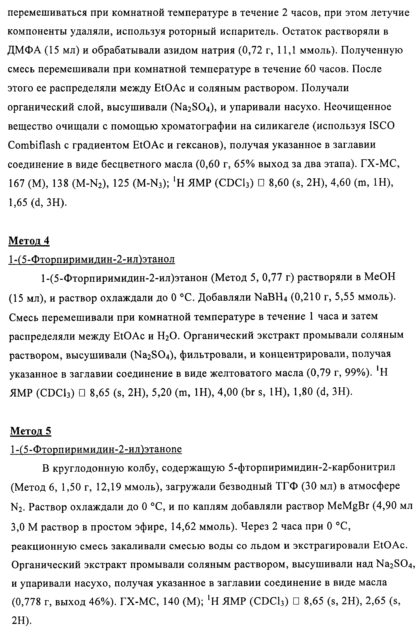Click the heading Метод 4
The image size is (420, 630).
click(29, 241)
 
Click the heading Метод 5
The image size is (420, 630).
click(30, 431)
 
